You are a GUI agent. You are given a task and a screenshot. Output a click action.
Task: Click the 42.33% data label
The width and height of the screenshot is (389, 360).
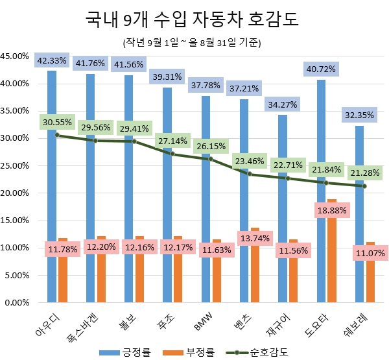[x=52, y=60]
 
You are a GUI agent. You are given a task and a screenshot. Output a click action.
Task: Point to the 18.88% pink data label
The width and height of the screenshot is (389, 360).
[x=332, y=210]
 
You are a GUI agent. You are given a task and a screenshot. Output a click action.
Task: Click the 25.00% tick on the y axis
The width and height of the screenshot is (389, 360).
[x=16, y=165]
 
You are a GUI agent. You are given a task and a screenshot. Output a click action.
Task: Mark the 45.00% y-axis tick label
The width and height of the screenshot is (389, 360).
[x=16, y=56]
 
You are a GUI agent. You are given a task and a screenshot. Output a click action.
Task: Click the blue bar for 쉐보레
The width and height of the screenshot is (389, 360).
[x=360, y=214]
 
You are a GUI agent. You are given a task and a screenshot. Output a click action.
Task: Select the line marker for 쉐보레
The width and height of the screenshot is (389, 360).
[x=365, y=186]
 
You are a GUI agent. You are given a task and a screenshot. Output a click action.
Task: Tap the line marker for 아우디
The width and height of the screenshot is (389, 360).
[x=57, y=135]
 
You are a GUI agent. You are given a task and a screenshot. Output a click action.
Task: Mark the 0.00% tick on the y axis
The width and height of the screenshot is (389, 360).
[x=18, y=302]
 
